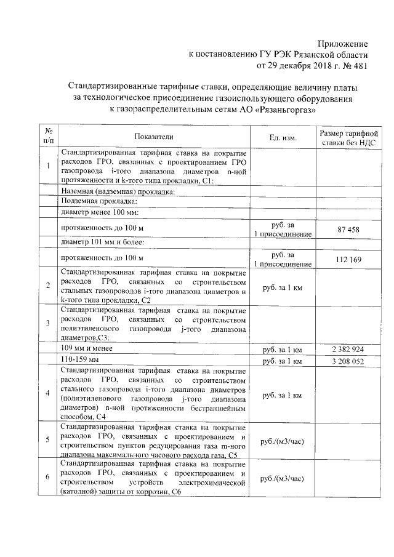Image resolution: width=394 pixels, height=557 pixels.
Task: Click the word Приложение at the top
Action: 342,44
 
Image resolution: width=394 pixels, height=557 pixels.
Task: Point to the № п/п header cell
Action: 48,137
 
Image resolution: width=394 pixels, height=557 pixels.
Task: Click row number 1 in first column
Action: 48,166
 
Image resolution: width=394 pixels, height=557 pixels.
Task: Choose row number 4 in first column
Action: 48,394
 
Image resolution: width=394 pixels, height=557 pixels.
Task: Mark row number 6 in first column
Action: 48,478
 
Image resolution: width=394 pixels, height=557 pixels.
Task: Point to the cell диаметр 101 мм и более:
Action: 102,242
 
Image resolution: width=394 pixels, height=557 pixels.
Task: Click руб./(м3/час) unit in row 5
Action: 283,441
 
